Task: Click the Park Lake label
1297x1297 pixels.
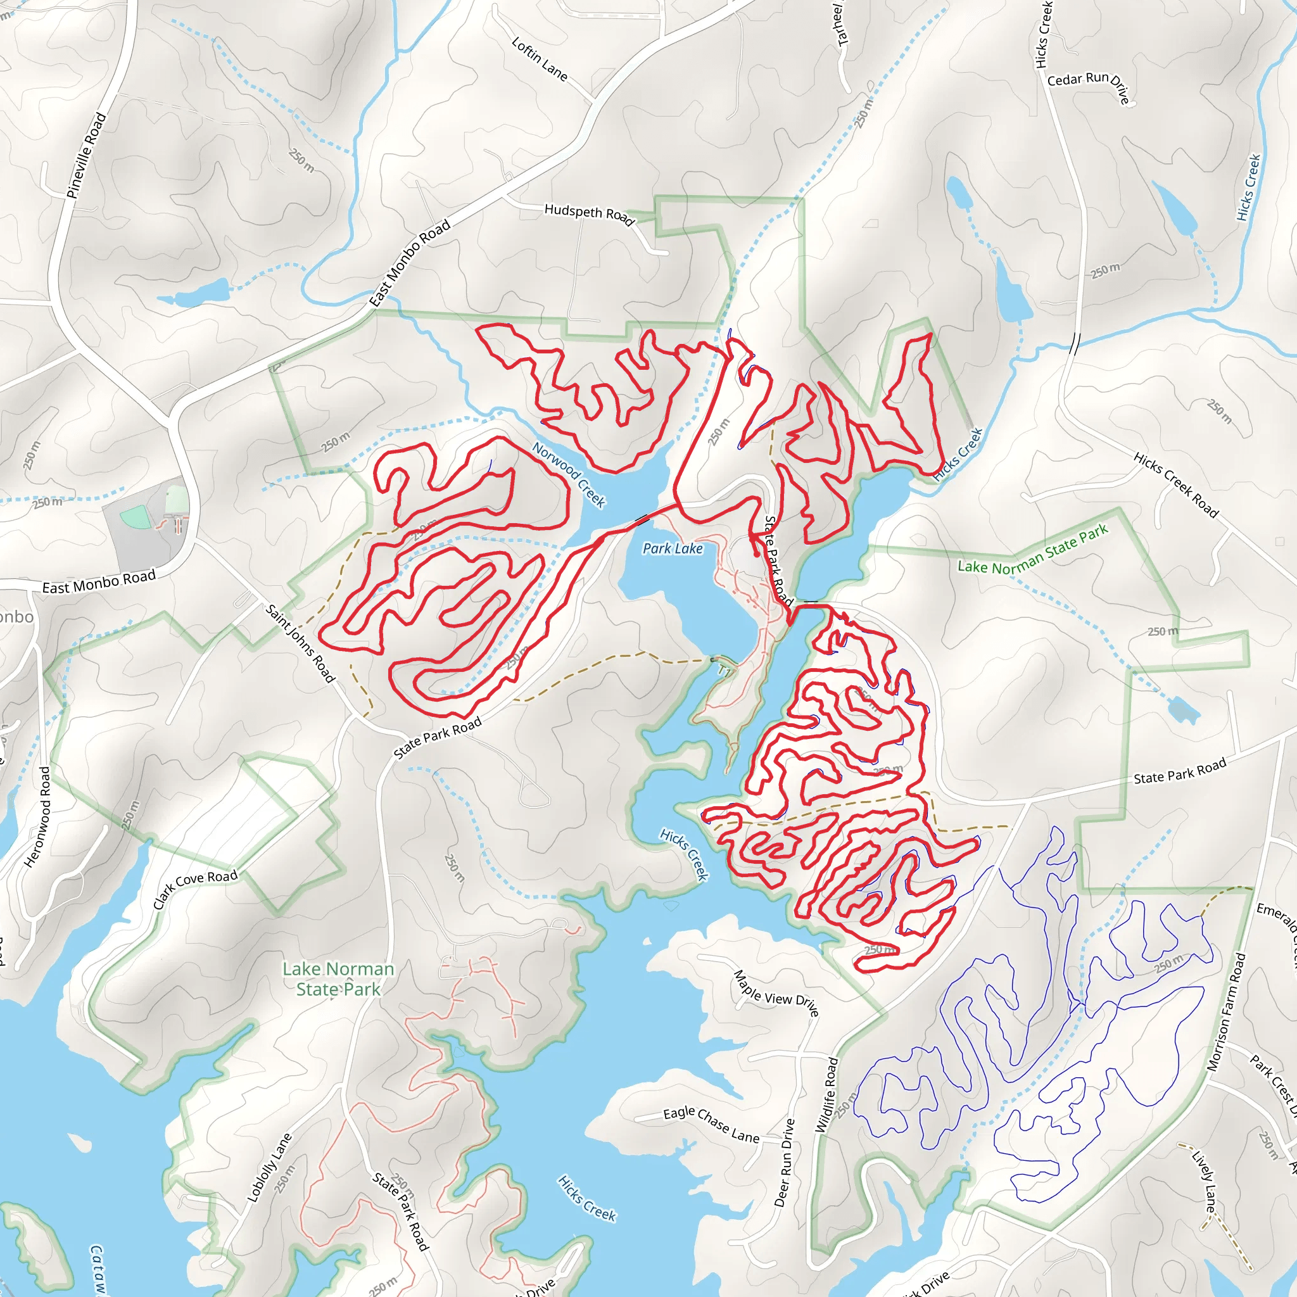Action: click(x=673, y=548)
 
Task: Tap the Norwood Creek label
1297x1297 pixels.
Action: click(x=569, y=474)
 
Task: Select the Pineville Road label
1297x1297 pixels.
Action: click(x=87, y=155)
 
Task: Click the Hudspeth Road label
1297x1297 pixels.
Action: click(x=590, y=214)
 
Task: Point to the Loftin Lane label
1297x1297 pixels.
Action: click(x=539, y=59)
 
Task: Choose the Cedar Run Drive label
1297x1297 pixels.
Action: click(x=1089, y=85)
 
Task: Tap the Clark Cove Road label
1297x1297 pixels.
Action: click(x=194, y=888)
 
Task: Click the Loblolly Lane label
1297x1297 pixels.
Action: click(x=270, y=1167)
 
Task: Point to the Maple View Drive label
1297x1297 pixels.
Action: click(x=776, y=994)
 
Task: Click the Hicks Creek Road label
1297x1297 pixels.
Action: click(x=1175, y=484)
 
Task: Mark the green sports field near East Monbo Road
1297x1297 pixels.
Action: click(x=136, y=517)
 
